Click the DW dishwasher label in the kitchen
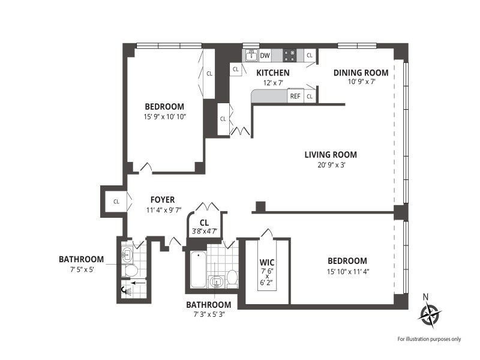[265, 55]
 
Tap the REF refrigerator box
[295, 96]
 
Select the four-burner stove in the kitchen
[289, 55]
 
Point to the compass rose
[430, 314]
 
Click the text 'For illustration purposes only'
[429, 339]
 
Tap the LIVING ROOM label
[331, 155]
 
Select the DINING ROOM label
[361, 73]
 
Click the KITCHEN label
[273, 73]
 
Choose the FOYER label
[163, 200]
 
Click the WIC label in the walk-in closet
[267, 262]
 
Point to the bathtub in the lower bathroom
[198, 269]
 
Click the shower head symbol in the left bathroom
[127, 290]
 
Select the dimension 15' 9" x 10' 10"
[165, 116]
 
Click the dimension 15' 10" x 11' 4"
[348, 271]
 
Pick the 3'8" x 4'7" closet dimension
[205, 231]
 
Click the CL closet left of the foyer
[116, 202]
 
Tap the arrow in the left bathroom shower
[139, 283]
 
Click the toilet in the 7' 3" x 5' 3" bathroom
[232, 279]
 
